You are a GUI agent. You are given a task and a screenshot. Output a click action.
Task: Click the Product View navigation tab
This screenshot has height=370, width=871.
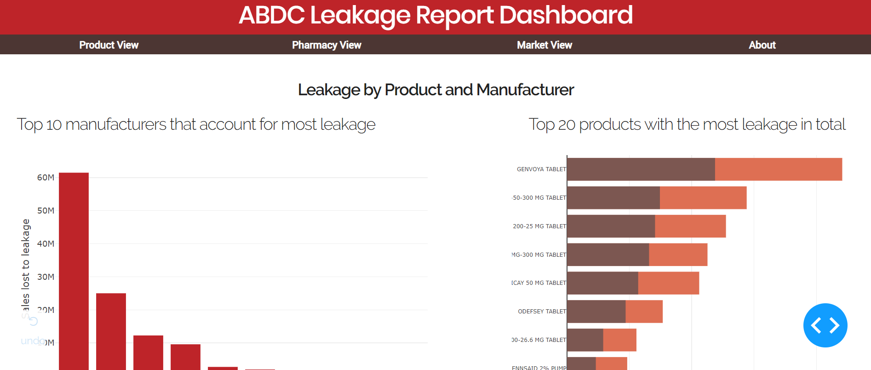point(109,45)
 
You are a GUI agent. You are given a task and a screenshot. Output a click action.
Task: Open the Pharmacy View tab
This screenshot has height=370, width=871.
point(327,45)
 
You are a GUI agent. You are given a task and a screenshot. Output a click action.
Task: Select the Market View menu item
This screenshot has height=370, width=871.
point(544,45)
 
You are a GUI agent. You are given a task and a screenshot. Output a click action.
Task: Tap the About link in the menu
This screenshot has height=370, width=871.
point(762,45)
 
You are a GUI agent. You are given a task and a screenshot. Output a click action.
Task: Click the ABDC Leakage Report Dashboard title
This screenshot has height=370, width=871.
point(435,16)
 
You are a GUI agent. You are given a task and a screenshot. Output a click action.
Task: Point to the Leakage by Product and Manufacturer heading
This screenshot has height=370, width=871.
point(435,90)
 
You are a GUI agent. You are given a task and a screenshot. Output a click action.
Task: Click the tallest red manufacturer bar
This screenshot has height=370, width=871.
point(74,272)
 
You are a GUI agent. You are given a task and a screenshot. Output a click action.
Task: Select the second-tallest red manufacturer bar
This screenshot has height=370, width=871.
point(111,331)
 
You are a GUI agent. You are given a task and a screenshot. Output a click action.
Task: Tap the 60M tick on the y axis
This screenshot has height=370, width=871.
point(46,178)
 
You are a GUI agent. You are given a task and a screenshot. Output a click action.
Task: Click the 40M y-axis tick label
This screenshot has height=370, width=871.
point(46,244)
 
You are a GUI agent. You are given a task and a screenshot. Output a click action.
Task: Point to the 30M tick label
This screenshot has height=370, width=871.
point(46,277)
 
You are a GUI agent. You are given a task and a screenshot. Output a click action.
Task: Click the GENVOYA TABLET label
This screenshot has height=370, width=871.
point(541,169)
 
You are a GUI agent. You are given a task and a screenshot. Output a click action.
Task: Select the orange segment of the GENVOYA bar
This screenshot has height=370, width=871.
point(778,169)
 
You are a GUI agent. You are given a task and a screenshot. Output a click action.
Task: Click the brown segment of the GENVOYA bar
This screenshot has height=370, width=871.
point(641,169)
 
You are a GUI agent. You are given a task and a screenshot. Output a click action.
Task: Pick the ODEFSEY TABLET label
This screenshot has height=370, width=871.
point(542,312)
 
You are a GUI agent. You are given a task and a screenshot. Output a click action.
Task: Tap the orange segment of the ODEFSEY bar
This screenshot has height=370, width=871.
point(644,312)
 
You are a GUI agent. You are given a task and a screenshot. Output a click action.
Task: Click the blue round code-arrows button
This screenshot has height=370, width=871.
point(825,325)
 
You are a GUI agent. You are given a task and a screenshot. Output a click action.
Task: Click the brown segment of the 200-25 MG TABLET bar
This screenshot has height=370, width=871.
point(611,226)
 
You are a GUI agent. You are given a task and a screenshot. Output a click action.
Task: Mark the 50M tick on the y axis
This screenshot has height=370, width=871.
point(46,211)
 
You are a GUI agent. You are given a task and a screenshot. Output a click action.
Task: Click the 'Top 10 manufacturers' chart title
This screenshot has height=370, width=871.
point(196,125)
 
